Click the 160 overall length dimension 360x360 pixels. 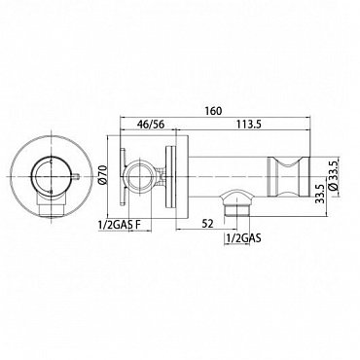point(213,111)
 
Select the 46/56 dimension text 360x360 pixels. point(151,124)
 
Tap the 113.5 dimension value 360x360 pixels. point(248,124)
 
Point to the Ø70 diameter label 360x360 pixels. point(102,176)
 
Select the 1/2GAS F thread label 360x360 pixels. point(120,224)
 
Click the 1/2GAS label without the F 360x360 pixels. point(243,238)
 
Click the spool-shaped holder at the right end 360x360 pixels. point(287,176)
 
